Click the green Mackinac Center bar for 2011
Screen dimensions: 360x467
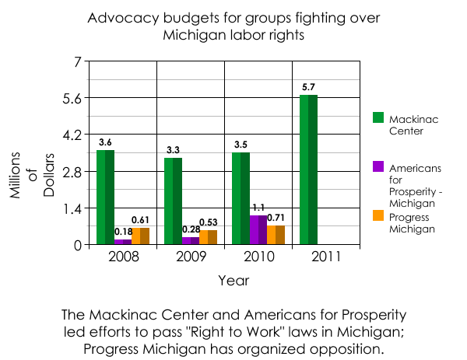[308, 170]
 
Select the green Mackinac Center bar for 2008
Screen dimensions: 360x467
[105, 197]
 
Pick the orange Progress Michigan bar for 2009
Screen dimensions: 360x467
[208, 237]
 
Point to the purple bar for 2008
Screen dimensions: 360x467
[123, 242]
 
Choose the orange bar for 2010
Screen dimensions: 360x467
[276, 235]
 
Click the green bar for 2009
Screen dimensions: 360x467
[173, 201]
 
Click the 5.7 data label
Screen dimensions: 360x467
[308, 87]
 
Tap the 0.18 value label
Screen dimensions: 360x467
[123, 232]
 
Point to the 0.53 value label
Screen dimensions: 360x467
[208, 222]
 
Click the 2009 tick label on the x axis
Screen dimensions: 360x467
[190, 255]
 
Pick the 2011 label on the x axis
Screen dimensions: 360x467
[325, 255]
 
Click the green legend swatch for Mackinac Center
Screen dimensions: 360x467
[378, 117]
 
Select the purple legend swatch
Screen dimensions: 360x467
[378, 166]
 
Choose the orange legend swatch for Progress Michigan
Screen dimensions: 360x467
[378, 215]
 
